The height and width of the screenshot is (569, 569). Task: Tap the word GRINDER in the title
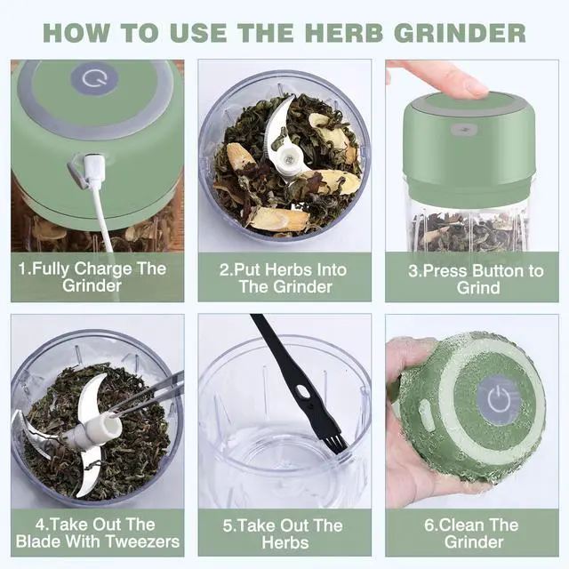[x=460, y=33]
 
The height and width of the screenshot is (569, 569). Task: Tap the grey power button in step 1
[x=94, y=79]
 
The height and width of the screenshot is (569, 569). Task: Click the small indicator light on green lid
[x=463, y=130]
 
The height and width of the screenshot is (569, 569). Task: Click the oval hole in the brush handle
[x=302, y=391]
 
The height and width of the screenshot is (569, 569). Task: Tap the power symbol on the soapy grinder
[x=499, y=400]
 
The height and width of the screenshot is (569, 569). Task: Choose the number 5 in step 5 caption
[x=228, y=525]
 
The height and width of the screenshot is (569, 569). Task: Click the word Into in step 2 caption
[x=332, y=270]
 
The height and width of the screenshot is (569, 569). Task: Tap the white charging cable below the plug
[x=102, y=217]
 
